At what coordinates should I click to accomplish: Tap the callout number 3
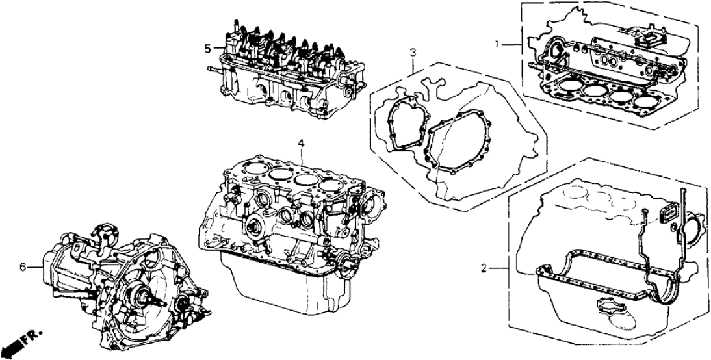coord(412,53)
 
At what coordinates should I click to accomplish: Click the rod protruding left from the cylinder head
coord(214,69)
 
